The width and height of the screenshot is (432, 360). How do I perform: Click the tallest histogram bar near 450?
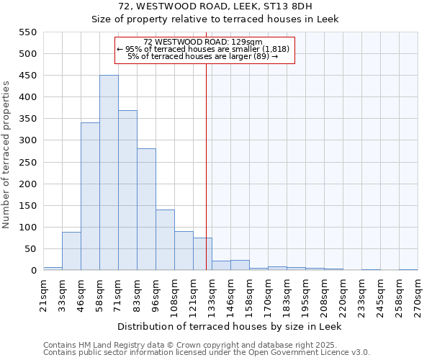point(109,173)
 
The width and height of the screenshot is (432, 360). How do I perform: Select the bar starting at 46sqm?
point(90,197)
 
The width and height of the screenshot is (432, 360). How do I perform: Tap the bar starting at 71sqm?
point(127,190)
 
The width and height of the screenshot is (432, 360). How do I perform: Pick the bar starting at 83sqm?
point(146,210)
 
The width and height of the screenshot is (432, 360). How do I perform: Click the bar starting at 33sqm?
point(71,251)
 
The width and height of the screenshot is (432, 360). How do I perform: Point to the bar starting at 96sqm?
point(165,240)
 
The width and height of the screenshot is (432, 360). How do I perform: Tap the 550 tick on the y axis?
point(27,32)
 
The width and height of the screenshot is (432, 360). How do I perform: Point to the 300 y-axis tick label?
point(27,141)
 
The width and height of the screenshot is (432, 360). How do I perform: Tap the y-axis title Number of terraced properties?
point(7,154)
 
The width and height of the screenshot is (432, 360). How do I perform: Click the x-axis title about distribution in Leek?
point(230,326)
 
